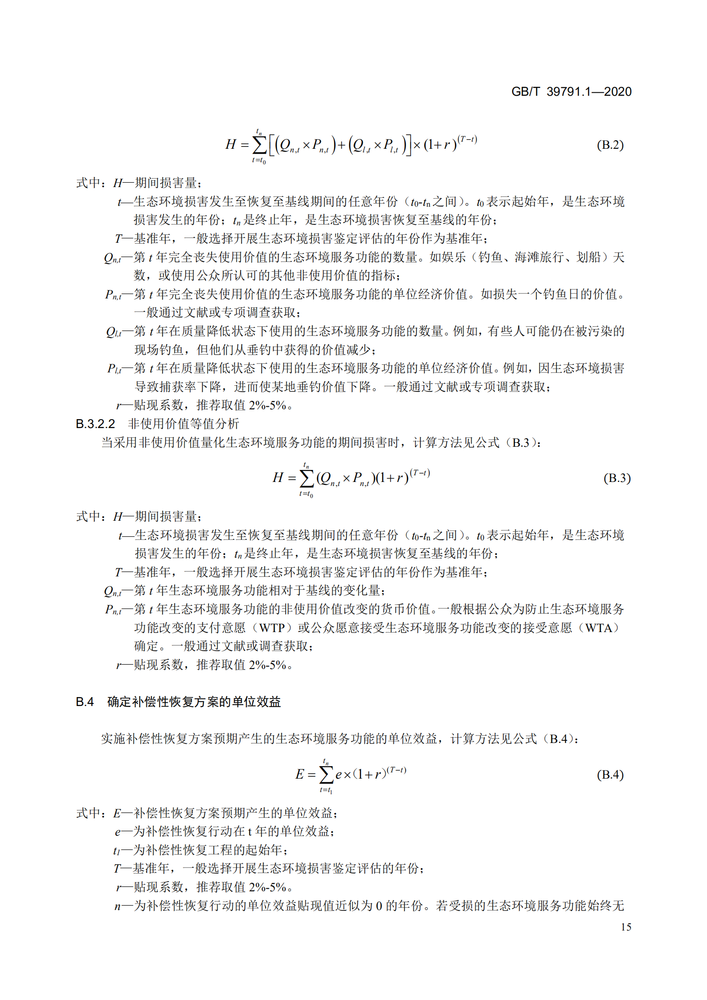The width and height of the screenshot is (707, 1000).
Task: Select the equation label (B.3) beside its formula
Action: point(617,478)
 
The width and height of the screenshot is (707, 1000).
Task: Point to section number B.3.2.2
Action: point(95,424)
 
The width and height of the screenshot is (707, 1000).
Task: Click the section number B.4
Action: point(85,702)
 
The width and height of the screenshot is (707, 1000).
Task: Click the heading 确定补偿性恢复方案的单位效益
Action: point(194,702)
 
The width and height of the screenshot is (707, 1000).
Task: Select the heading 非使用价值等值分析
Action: point(183,424)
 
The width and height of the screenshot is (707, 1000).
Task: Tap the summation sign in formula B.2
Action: point(259,145)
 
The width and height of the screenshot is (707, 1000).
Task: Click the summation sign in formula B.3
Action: point(307,478)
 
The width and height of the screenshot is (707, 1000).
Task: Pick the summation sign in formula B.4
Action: point(327,775)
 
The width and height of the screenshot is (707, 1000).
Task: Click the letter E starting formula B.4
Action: point(300,775)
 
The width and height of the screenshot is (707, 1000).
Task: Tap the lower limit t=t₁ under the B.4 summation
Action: point(326,790)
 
